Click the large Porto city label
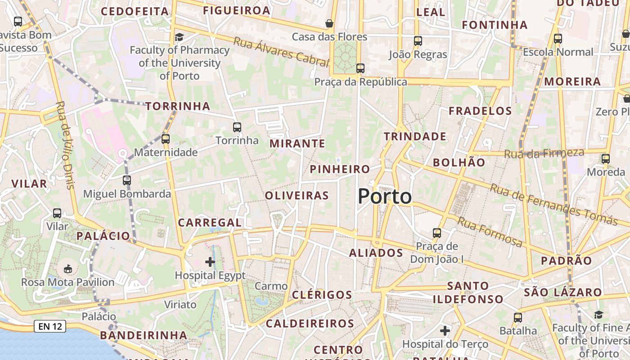pos(385,197)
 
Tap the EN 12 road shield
pos(50,326)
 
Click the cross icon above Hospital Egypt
pos(210,261)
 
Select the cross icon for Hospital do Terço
pos(445,331)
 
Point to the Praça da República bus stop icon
pos(360,68)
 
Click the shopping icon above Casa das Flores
pos(330,23)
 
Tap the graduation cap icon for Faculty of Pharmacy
pos(179,37)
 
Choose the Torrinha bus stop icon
pos(237,127)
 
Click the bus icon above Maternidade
pos(166,139)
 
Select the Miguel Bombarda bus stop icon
pos(127,180)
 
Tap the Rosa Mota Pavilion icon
pos(67,269)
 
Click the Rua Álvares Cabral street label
pos(281,52)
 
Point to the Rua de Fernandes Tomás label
pos(553,204)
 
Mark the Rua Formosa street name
pos(490,232)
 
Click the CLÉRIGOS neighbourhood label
pos(322,295)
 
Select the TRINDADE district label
pos(415,136)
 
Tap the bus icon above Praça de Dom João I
pos(437,233)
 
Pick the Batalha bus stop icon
pos(518,317)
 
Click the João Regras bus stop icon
pos(418,41)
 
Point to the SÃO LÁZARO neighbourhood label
pos(562,292)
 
